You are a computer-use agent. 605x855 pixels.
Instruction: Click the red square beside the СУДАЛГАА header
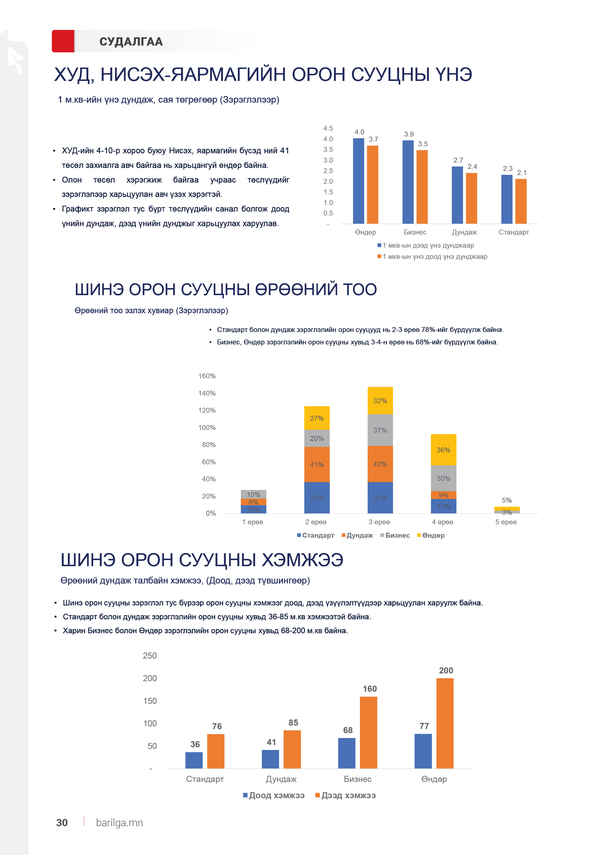point(63,41)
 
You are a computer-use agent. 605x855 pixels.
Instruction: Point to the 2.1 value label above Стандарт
point(522,173)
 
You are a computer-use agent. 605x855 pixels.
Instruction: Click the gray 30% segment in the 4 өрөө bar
point(443,478)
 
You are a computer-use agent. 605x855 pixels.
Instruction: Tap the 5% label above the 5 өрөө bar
point(507,500)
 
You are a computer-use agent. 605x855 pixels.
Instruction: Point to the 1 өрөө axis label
point(253,522)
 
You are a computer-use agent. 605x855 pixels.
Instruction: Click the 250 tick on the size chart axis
point(150,656)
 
